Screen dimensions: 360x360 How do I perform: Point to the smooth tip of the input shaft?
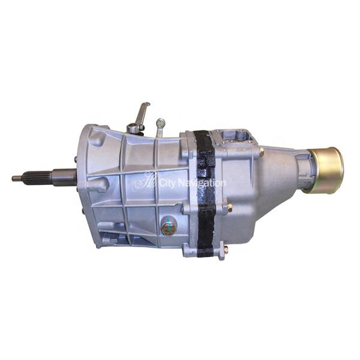[16, 178]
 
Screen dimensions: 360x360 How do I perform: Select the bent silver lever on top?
[142, 113]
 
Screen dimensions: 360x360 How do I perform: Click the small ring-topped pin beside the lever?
[160, 125]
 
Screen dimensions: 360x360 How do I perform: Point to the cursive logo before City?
[145, 181]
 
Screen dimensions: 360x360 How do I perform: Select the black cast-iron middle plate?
[206, 192]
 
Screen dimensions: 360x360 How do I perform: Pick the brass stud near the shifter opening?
[261, 152]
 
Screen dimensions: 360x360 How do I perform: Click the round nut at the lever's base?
[133, 128]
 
